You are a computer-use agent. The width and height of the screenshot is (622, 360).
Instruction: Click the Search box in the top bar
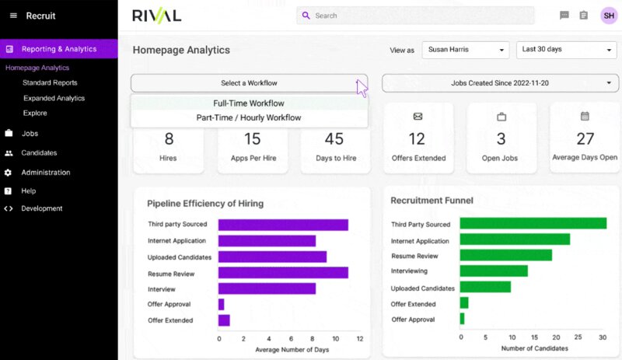point(415,16)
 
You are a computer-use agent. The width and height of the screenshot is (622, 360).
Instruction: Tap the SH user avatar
point(609,16)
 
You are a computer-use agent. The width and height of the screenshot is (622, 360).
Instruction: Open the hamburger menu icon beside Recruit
point(13,16)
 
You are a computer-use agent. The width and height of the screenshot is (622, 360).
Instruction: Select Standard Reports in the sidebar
point(50,82)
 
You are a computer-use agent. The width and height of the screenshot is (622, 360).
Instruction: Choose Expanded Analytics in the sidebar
point(54,98)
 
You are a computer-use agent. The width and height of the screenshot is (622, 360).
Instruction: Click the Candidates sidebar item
point(39,153)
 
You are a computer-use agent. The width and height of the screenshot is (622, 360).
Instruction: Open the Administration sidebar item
point(45,173)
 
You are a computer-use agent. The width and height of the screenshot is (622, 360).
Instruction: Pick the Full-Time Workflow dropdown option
point(249,103)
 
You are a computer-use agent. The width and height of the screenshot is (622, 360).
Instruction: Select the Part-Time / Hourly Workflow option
point(249,118)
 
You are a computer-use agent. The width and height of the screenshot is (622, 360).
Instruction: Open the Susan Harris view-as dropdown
point(465,50)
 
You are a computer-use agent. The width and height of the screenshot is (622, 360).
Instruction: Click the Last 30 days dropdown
point(565,50)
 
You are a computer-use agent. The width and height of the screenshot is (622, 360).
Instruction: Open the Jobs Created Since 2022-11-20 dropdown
point(500,83)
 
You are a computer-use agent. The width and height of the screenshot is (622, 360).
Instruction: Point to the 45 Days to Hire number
point(334,139)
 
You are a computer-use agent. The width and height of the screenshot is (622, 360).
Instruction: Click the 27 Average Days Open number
point(585,139)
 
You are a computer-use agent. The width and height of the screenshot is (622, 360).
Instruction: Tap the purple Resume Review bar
point(283,273)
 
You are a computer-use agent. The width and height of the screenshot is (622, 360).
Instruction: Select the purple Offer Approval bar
point(222,305)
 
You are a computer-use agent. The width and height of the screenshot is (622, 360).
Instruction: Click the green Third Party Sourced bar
point(533,224)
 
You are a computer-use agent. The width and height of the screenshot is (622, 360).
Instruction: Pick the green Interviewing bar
point(494,271)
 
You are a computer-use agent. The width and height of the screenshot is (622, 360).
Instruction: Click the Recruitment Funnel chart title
point(432,201)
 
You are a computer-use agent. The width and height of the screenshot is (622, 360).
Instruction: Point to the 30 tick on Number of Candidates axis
point(603,337)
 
